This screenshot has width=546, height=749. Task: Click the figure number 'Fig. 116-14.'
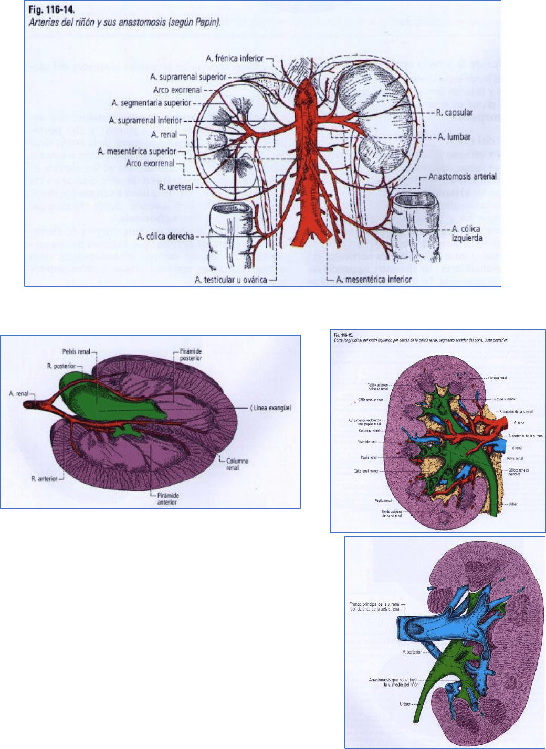tap(51, 10)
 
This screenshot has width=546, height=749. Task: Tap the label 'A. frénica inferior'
tap(235, 59)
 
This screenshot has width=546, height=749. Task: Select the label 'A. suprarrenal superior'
tap(188, 77)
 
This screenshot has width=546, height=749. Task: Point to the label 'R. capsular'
tap(454, 113)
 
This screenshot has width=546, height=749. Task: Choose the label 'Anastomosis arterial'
tap(462, 177)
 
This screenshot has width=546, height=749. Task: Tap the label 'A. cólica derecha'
tap(165, 237)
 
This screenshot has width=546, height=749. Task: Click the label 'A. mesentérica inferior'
tap(373, 280)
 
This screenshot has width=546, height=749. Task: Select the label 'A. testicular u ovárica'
tap(230, 280)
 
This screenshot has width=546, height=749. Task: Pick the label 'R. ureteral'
tap(176, 187)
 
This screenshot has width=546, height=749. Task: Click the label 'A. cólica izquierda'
tap(467, 233)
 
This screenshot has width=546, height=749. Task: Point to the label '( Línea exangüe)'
tap(270, 408)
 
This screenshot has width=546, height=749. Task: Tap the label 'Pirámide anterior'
tap(168, 499)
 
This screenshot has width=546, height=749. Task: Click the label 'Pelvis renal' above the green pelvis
tap(76, 351)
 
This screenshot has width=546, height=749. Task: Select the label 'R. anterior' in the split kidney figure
tap(44, 479)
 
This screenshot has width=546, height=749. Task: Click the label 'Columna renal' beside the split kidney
tap(237, 464)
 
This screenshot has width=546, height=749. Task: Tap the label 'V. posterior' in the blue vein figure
tap(412, 652)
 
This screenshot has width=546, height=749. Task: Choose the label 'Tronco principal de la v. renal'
tap(375, 606)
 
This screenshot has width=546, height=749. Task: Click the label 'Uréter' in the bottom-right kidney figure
tap(405, 704)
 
